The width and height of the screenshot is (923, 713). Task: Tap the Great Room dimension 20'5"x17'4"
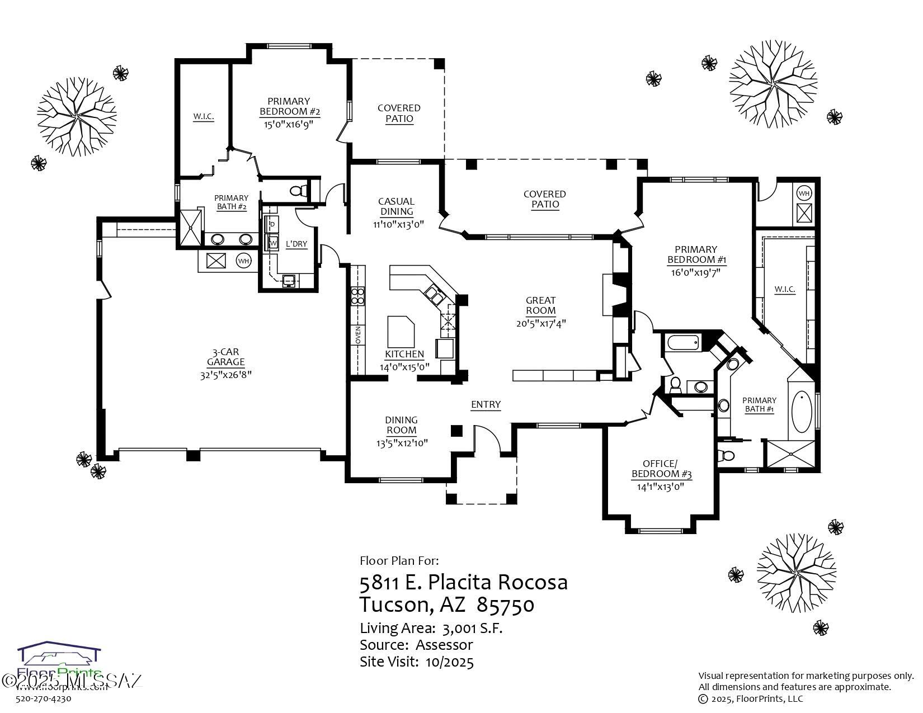(540, 323)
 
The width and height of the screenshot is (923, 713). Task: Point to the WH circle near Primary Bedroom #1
(803, 193)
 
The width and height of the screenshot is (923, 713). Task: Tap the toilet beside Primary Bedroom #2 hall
(299, 190)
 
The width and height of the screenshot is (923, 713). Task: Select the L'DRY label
(296, 244)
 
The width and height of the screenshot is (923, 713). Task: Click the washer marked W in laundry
(273, 243)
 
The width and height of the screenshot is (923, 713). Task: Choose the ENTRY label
(486, 404)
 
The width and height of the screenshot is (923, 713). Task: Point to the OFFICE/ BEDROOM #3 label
(661, 469)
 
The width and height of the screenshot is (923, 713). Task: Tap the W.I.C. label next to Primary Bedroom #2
(204, 117)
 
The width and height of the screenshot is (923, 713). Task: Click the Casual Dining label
(396, 206)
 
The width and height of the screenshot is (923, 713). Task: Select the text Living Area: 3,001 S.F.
(431, 628)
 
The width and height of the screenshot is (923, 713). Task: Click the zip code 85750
(505, 605)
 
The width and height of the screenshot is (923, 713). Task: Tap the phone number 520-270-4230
(44, 698)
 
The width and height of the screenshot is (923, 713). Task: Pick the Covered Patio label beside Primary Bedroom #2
(399, 113)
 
